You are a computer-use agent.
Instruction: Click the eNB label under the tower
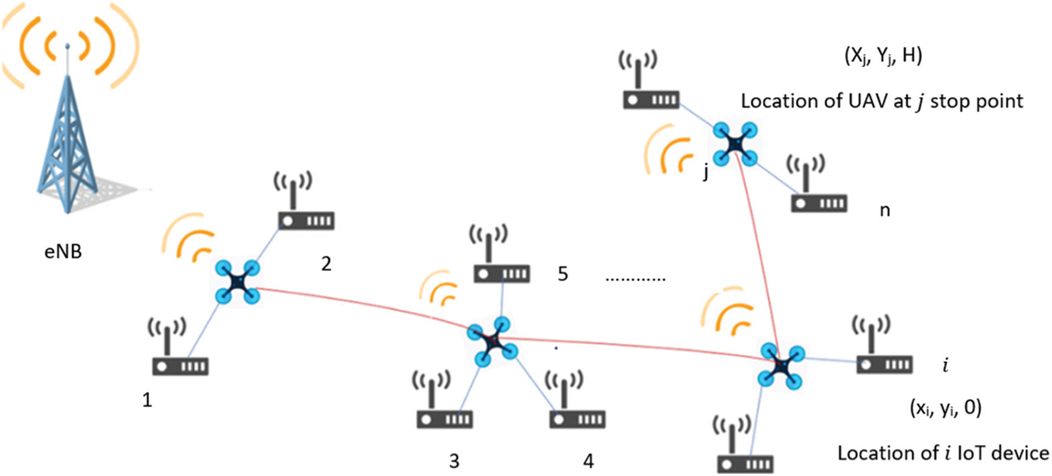tap(63, 251)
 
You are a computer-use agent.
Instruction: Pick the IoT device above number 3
tap(444, 407)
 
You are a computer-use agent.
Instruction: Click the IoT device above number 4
tap(577, 407)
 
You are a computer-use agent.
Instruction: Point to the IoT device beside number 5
tap(501, 262)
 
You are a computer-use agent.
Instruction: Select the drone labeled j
tap(735, 142)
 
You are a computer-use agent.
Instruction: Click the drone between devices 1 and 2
tap(237, 282)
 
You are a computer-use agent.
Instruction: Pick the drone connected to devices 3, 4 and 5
tap(492, 341)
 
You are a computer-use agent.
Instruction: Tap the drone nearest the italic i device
tap(781, 365)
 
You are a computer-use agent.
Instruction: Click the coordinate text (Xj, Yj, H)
tap(882, 56)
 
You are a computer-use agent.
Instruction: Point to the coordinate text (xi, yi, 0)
tap(945, 408)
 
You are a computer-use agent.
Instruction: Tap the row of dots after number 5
tap(634, 279)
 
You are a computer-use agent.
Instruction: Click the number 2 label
tap(326, 264)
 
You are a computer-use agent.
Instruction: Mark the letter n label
tap(884, 210)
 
